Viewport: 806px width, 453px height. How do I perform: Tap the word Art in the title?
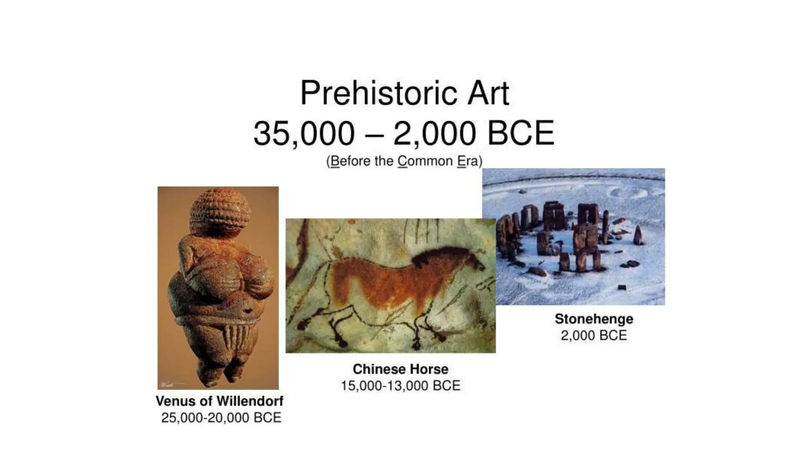(x=488, y=93)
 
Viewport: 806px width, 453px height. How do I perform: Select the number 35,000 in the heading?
(x=304, y=133)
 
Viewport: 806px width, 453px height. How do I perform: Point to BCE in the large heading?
(x=521, y=133)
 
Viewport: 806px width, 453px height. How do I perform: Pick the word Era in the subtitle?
(x=467, y=161)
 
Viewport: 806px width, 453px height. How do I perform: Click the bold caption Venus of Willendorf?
(x=219, y=401)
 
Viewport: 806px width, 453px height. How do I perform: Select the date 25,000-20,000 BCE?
(x=221, y=418)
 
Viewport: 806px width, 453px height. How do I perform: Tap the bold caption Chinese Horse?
(x=400, y=369)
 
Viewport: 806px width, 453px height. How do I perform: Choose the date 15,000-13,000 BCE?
(x=400, y=386)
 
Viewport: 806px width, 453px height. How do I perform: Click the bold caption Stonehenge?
(x=594, y=319)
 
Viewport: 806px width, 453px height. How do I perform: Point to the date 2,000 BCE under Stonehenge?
(x=594, y=335)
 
